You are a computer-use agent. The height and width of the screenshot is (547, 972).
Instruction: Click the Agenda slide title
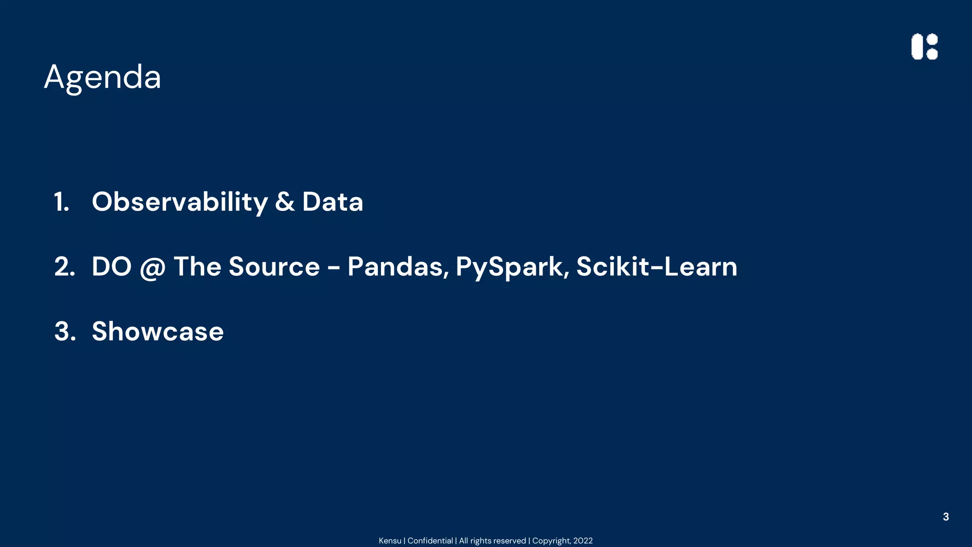coord(103,77)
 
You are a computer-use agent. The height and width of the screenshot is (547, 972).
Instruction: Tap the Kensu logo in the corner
coord(924,47)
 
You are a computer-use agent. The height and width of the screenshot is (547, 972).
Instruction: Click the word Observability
coord(180,202)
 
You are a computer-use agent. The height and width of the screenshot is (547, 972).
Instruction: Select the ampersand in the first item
coord(284,202)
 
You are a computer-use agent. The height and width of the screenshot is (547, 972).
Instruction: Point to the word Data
coord(332,202)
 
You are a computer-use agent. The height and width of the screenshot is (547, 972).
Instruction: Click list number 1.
coord(62,202)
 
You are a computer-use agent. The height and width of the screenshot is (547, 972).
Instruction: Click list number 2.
coord(65,266)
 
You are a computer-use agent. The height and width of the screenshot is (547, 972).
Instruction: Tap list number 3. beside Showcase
coord(65,331)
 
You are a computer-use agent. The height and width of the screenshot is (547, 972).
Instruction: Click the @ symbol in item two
coord(152,267)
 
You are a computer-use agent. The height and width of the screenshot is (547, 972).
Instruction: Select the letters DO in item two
coord(112,266)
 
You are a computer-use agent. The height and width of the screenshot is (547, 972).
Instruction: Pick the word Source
coord(274,266)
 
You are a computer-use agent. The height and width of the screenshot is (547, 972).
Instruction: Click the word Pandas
coord(398,266)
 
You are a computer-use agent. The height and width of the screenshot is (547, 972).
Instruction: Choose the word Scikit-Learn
coord(656,266)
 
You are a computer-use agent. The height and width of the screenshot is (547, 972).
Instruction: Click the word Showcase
coord(158,331)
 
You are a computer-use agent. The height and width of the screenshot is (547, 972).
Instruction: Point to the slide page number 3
coord(945,517)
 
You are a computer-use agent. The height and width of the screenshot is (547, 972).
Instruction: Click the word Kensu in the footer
coord(390,541)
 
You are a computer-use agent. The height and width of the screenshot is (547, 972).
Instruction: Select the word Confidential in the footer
coord(430,541)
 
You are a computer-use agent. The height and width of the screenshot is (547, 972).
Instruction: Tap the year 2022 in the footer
coord(583,541)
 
